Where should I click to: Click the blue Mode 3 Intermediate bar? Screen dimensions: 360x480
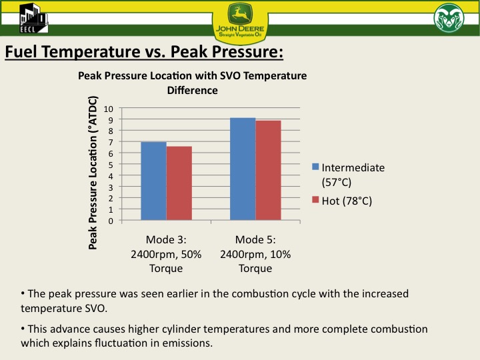153,181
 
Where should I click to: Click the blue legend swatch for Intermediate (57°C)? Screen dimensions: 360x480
316,167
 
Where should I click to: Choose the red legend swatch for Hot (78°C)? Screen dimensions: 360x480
316,200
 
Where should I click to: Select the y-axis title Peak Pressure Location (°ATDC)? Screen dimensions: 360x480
93,172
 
